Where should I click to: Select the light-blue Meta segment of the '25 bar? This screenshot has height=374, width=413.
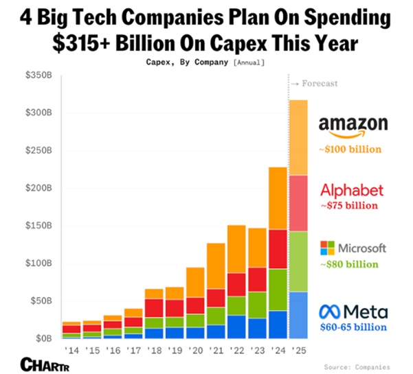298,315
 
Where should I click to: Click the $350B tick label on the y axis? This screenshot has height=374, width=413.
41,75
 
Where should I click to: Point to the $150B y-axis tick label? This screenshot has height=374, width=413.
41,226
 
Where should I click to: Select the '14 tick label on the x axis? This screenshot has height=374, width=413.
71,349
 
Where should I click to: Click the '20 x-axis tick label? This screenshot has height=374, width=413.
195,349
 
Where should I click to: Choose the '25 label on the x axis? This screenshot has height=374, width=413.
298,349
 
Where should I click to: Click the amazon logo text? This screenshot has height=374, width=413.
353,125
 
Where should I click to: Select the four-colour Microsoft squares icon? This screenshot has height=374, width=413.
327,248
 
